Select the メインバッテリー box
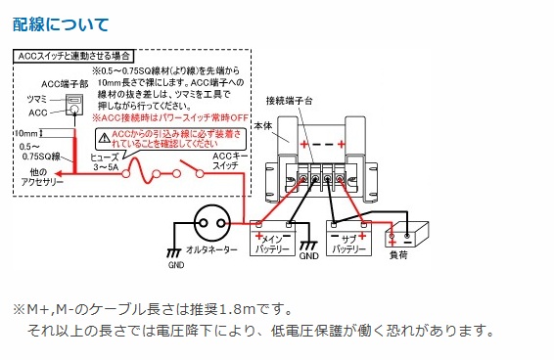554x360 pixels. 276,237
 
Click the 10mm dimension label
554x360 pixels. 25,131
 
